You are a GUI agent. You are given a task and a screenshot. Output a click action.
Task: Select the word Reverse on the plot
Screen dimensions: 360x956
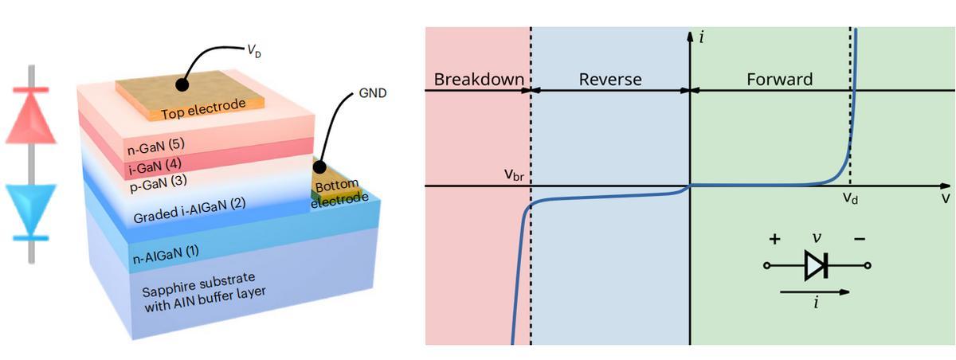pyautogui.click(x=609, y=80)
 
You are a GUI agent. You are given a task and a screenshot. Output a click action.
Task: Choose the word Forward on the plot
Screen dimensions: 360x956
pyautogui.click(x=779, y=80)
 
